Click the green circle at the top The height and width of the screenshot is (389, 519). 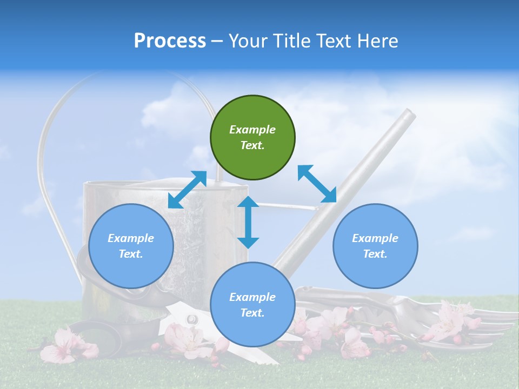pos(252,138)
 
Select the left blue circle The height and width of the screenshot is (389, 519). pos(131,246)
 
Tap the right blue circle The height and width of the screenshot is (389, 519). pos(375,246)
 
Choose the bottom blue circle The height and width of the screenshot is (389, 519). pos(252,304)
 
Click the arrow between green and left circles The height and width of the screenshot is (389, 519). pos(187,190)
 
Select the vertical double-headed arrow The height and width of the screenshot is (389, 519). pos(248,222)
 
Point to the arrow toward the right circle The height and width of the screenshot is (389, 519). pos(317,184)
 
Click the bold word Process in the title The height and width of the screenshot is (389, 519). pos(170,41)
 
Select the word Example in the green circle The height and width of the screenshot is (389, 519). pos(252,130)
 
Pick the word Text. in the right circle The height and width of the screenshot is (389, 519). pos(375,254)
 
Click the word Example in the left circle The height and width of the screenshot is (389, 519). pos(131,238)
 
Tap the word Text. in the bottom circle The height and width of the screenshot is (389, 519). pos(252,313)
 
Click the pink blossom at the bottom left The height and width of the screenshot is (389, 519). pos(62,346)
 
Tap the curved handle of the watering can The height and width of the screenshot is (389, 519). pos(49,162)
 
